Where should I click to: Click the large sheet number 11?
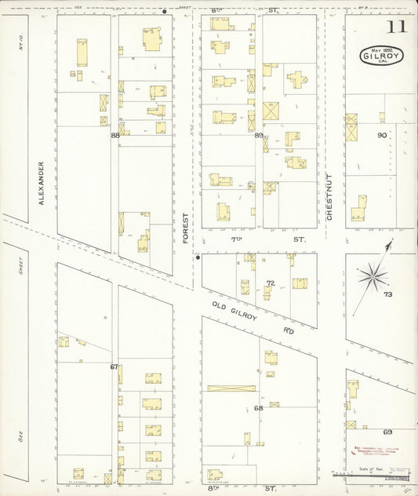point(396,28)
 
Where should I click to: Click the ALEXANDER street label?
point(42,183)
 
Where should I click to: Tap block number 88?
point(115,135)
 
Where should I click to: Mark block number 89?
point(259,135)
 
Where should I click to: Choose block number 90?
point(382,135)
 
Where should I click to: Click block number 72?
point(270,283)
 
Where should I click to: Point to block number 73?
point(387,294)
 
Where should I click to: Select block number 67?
point(114,367)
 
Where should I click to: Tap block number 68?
point(259,408)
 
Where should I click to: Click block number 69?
point(387,432)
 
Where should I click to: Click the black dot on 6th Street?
point(164,11)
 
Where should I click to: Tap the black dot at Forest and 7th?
point(198,256)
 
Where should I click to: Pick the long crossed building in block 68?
point(231,388)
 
